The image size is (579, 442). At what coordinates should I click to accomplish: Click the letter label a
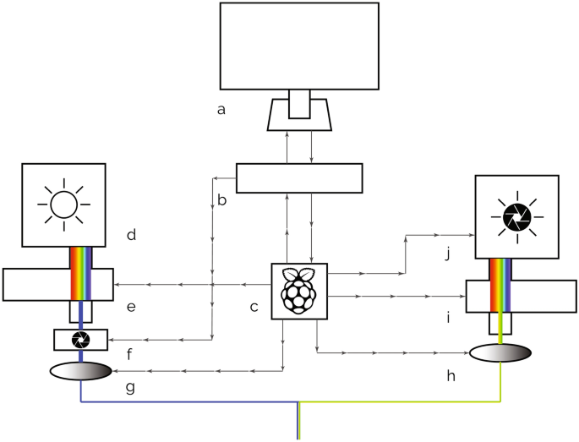pos(221,109)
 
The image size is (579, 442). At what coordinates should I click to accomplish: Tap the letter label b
pos(222,200)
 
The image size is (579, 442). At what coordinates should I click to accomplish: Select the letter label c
pos(254,306)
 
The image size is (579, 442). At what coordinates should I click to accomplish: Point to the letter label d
pos(131,233)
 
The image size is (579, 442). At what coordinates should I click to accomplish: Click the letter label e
pos(131,306)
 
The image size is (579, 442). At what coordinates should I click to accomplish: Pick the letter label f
pos(130,354)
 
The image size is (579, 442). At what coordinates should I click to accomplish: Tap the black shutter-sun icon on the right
pos(516,217)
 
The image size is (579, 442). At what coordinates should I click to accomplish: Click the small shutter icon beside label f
pos(81,340)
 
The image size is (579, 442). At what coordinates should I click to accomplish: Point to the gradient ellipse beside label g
pos(81,371)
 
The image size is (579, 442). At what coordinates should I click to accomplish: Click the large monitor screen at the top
pos(299,46)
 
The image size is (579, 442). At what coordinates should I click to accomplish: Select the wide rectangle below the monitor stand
pos(299,178)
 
